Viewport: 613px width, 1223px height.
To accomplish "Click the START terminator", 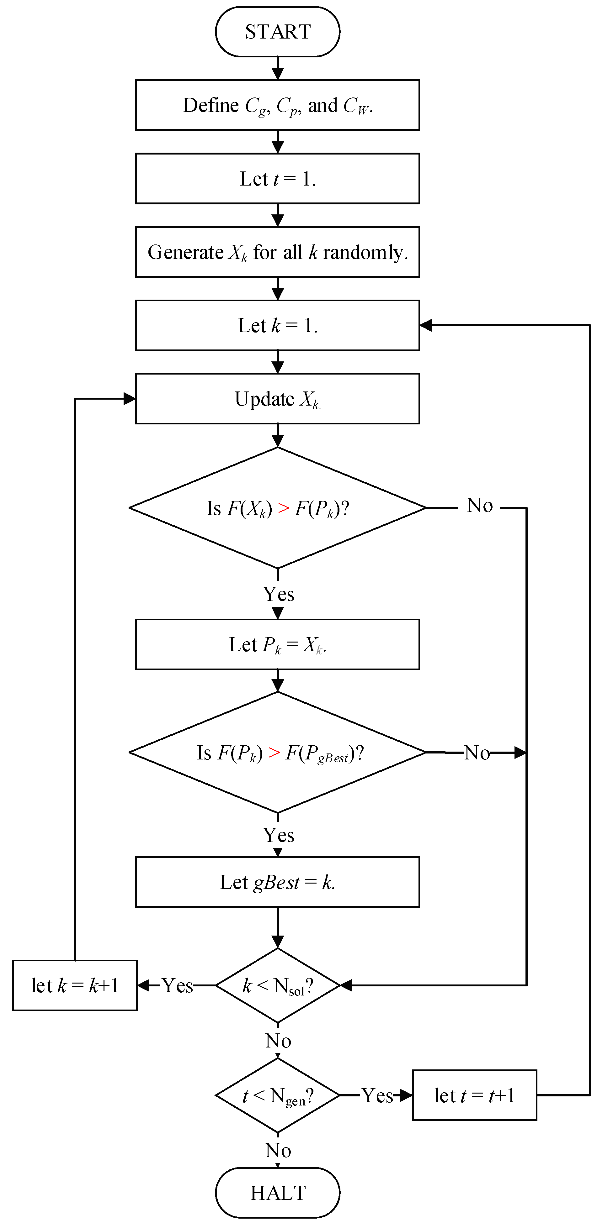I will point(278,32).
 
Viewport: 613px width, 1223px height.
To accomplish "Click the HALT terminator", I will point(278,1192).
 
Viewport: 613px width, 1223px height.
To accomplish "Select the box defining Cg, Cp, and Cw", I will point(278,105).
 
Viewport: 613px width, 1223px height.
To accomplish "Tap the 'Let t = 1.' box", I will point(278,179).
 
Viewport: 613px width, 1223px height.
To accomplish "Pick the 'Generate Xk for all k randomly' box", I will point(278,252).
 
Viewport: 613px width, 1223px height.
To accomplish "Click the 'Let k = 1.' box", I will point(278,326).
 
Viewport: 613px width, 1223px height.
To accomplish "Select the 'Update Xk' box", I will point(278,399).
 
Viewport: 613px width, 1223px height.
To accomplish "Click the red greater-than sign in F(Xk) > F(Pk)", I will point(284,508).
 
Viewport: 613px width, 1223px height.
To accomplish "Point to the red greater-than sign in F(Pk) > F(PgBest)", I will point(274,753).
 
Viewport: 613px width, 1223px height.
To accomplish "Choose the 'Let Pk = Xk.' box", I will point(278,644).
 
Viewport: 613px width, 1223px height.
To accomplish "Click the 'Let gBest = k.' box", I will point(278,882).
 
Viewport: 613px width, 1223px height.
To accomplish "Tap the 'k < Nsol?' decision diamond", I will point(278,986).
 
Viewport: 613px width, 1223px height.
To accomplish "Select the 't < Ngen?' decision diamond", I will point(278,1096).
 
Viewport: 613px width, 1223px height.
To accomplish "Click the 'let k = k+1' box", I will point(75,986).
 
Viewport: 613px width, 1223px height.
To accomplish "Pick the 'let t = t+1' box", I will point(474,1096).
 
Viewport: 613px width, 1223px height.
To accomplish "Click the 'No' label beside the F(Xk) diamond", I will point(479,506).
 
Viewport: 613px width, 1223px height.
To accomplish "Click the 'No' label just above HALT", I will point(278,1151).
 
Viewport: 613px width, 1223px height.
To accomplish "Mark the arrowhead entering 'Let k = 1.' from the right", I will point(426,326).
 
